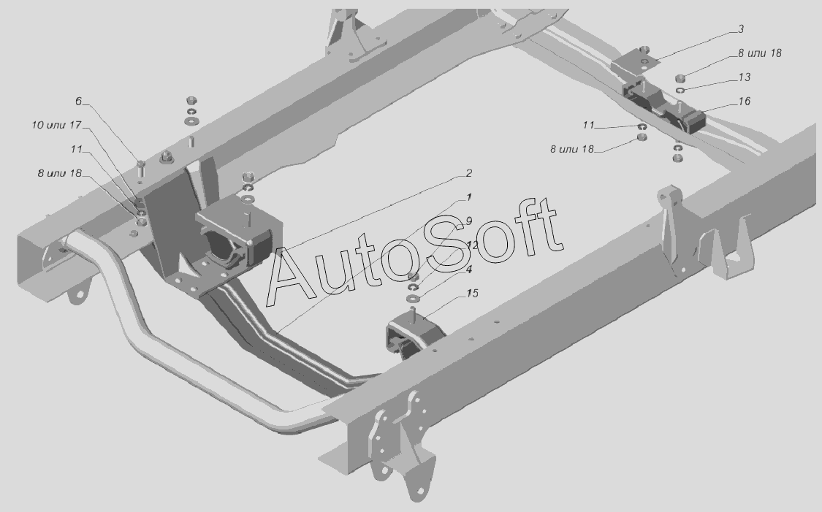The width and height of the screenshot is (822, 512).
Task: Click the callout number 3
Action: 741,29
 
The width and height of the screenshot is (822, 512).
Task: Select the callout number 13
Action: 744,77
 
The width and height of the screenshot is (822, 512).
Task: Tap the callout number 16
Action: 744,102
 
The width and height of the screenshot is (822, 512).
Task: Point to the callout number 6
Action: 78,102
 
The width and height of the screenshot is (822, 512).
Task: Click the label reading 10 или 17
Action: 56,125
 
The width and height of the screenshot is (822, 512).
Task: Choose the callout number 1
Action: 468,197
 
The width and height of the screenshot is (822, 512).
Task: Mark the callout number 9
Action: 468,221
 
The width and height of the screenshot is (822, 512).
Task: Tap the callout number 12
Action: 471,245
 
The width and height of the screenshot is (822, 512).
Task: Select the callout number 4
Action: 469,269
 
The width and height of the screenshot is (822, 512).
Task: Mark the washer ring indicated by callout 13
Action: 680,90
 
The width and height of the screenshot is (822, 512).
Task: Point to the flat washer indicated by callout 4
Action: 413,298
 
